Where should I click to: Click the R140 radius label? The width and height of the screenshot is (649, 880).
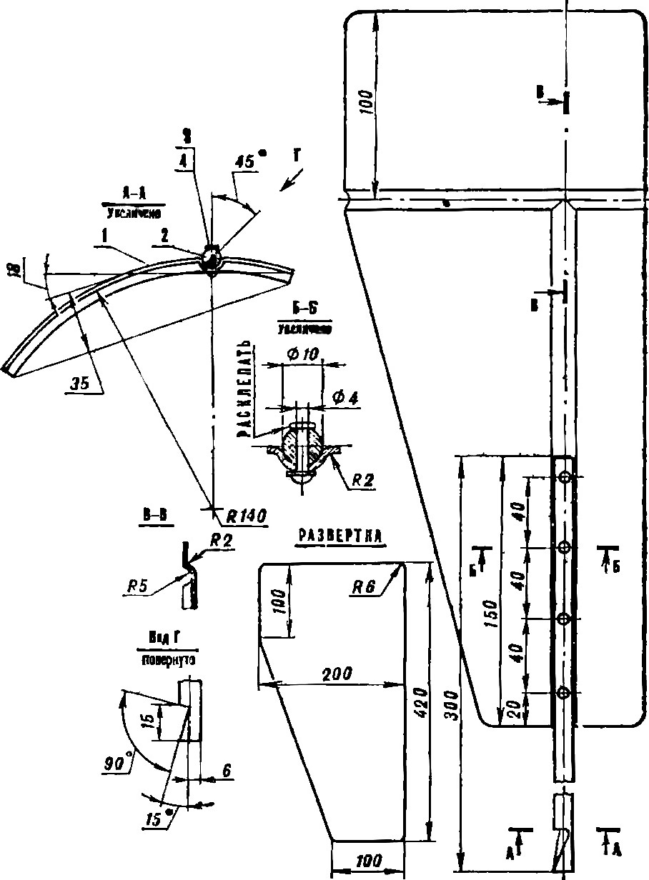click(x=245, y=516)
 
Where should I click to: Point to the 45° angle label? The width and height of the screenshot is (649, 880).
click(x=246, y=163)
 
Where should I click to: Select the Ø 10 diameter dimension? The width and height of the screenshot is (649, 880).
click(x=302, y=355)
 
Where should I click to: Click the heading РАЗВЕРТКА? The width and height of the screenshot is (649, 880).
click(x=341, y=536)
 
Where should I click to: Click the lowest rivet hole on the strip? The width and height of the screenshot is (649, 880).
click(x=564, y=691)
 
